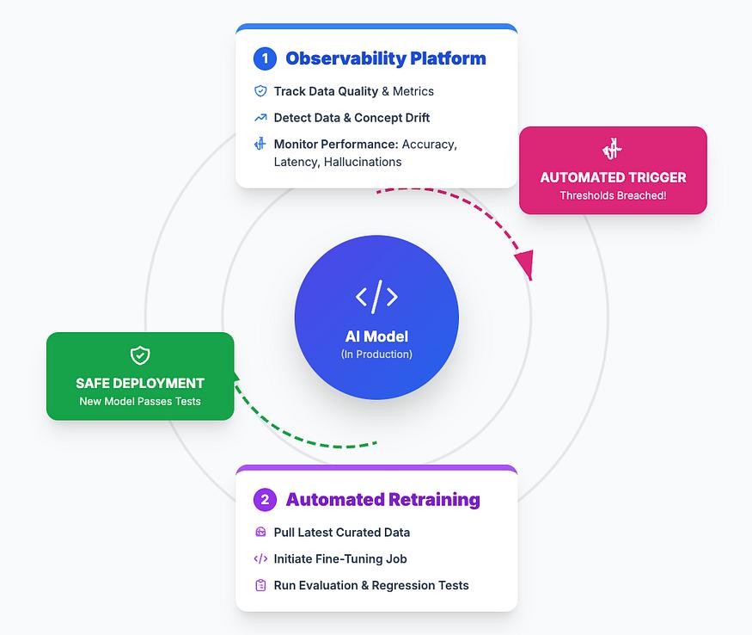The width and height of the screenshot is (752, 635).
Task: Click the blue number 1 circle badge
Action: tap(265, 59)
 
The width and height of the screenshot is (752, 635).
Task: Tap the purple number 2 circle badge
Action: tap(265, 500)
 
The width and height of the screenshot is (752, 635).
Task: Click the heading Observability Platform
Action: tap(385, 59)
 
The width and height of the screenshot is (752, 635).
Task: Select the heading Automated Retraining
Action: tap(382, 500)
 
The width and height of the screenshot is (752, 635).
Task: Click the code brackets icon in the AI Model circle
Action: tap(376, 297)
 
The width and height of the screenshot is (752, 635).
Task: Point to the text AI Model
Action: tap(376, 336)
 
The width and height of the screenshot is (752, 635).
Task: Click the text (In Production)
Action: tap(376, 354)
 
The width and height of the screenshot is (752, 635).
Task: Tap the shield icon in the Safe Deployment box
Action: tap(140, 355)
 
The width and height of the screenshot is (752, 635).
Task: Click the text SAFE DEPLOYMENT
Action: tap(140, 383)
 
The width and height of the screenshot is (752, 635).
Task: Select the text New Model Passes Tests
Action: tap(140, 401)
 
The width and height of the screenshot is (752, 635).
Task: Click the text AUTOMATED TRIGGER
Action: tap(613, 177)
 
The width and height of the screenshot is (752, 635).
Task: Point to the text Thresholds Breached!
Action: tap(613, 195)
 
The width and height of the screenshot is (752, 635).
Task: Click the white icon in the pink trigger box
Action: tap(613, 150)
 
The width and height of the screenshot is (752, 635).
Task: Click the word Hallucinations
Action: tap(362, 162)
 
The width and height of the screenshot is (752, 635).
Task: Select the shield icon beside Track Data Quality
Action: tap(260, 91)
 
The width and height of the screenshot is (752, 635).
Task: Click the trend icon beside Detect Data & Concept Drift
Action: tap(260, 118)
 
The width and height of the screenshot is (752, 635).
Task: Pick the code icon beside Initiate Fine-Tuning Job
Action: tap(260, 559)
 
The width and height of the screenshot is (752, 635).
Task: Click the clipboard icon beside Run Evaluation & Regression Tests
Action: tap(260, 585)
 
